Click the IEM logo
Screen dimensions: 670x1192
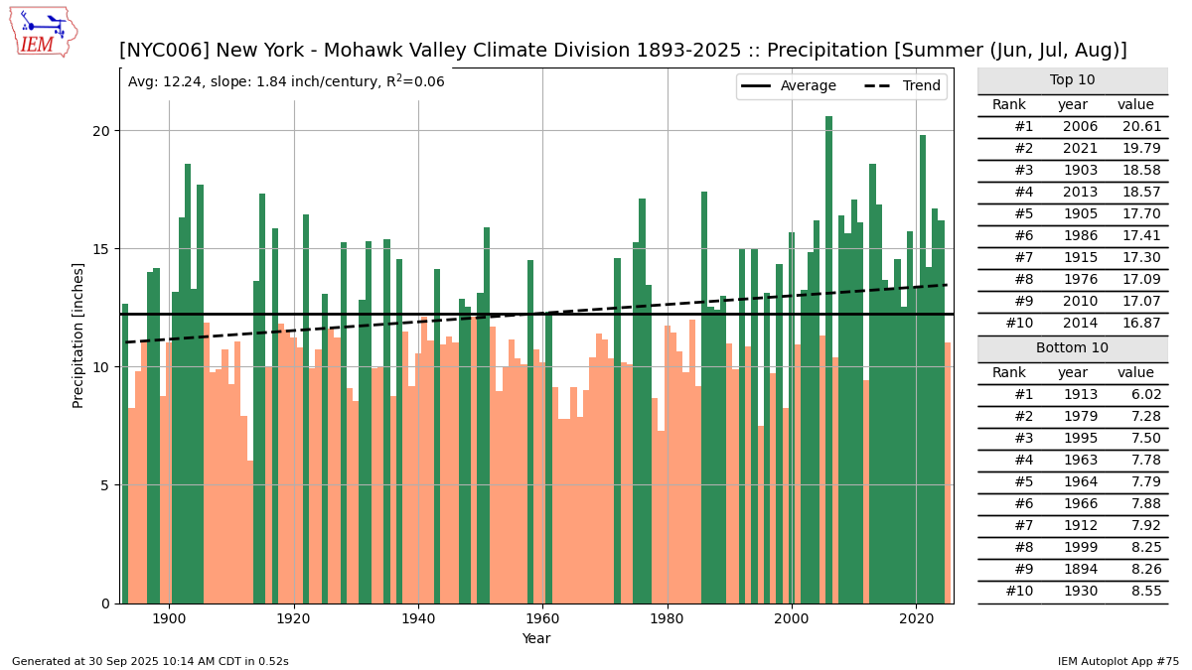click(x=42, y=31)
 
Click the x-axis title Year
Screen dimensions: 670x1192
click(x=536, y=639)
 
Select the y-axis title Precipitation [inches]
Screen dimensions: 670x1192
click(x=78, y=335)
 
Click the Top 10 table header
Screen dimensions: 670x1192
click(x=1072, y=80)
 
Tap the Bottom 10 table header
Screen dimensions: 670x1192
click(x=1072, y=348)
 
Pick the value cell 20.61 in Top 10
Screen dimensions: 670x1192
click(x=1135, y=127)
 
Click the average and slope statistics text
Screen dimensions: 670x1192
click(x=286, y=82)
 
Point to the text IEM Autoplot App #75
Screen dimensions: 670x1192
click(x=1117, y=661)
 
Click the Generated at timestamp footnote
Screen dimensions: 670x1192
click(x=150, y=661)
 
